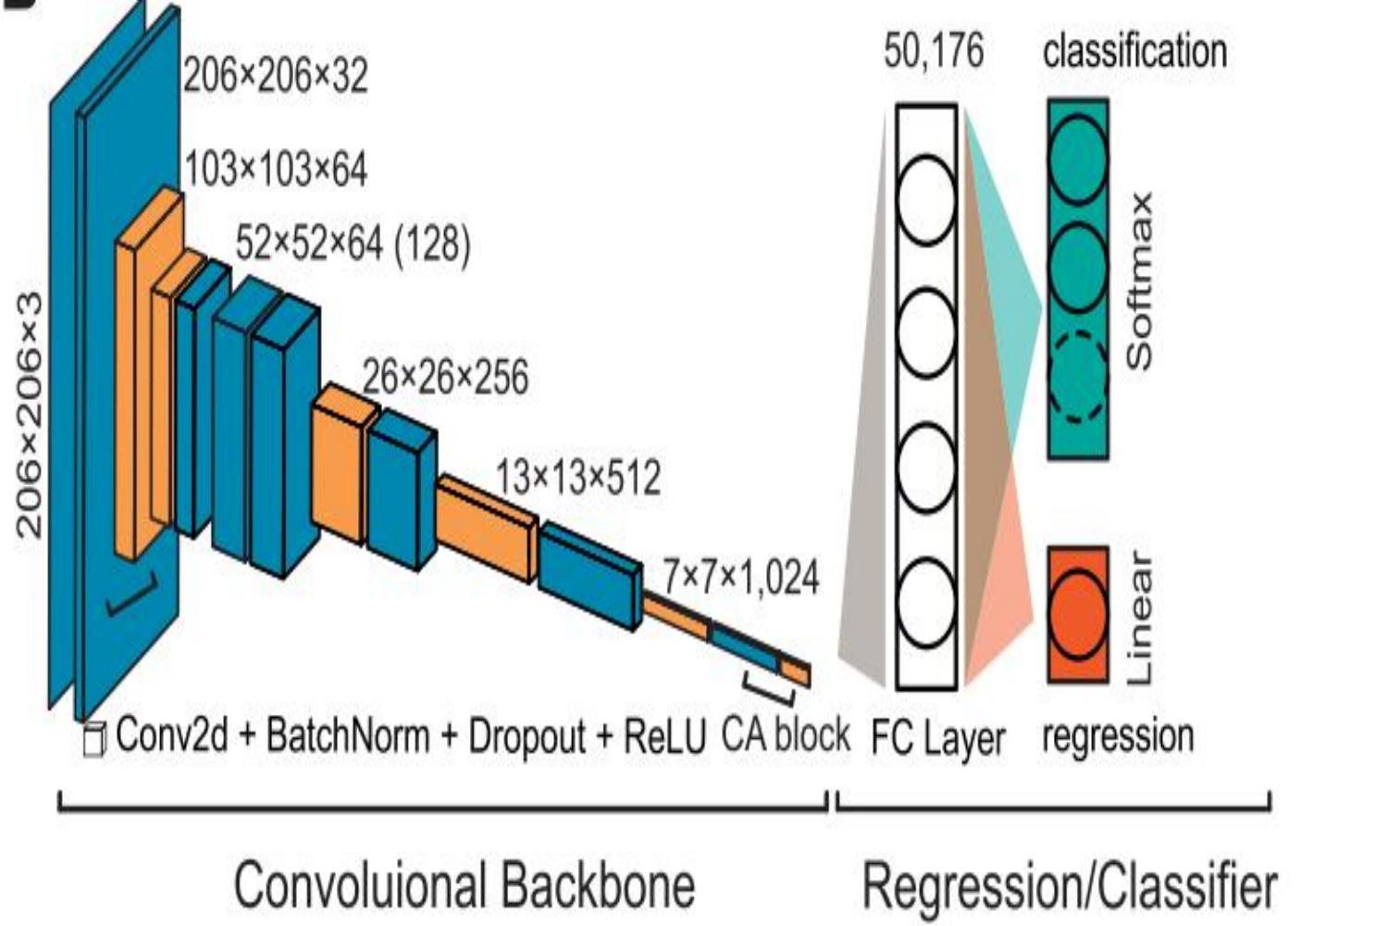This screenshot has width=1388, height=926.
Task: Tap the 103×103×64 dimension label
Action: pos(276,170)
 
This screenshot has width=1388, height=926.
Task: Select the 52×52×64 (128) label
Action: pos(353,244)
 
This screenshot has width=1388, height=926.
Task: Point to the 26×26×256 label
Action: pos(445,378)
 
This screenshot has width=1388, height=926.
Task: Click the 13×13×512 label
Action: pos(578,479)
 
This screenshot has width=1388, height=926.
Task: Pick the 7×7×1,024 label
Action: pos(741,578)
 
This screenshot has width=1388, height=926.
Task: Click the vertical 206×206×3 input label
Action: pos(30,414)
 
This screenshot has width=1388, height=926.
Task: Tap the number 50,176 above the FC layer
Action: pos(934,51)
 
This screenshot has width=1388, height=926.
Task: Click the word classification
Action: pos(1134,51)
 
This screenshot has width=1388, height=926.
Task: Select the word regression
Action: pos(1118,736)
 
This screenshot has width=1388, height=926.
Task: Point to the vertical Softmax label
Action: pos(1139,281)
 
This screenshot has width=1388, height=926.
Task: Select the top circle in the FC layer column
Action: pos(926,200)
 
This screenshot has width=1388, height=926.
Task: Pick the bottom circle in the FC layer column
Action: pos(926,602)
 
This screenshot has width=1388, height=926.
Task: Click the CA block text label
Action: pos(785,735)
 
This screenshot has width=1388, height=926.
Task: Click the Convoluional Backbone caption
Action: pos(464,884)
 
